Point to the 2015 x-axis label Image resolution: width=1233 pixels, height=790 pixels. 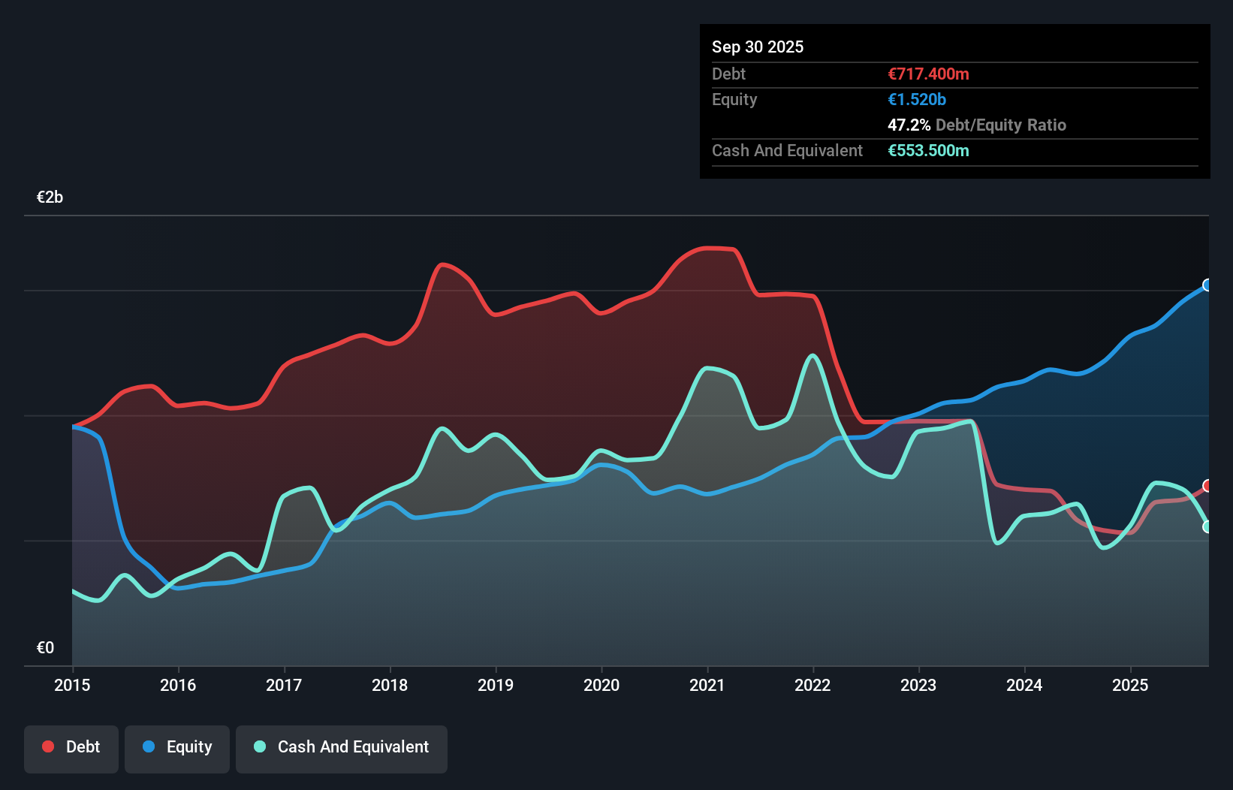(72, 685)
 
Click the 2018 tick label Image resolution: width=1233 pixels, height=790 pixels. (390, 685)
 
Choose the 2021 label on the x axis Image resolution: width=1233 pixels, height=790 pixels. (707, 685)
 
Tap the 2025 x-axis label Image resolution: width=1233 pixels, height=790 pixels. (1130, 685)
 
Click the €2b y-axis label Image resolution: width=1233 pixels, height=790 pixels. (50, 197)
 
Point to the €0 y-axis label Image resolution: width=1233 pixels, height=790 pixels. (45, 648)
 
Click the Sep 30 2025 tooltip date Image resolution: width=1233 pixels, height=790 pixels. (757, 47)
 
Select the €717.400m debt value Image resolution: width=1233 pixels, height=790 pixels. (928, 74)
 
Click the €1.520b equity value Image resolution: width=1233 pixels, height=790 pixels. (916, 100)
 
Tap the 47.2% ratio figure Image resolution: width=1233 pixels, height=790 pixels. (909, 125)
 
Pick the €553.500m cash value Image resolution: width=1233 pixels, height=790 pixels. (928, 151)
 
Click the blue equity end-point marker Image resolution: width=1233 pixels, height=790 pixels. (1207, 285)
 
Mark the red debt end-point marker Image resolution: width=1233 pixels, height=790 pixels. (1207, 486)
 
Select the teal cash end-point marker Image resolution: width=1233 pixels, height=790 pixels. (1207, 527)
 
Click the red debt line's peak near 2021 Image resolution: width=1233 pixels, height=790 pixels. (710, 248)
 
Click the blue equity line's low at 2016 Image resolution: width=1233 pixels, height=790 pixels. (178, 588)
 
